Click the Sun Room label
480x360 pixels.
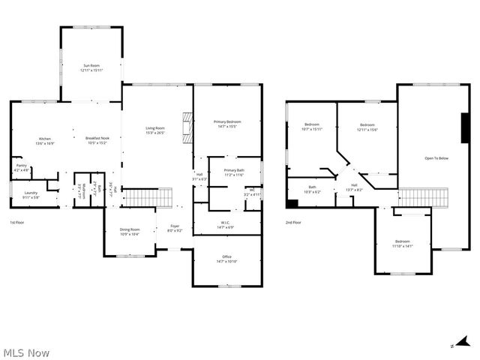coord(91,68)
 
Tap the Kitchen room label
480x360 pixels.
coord(45,140)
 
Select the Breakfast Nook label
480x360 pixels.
coord(97,140)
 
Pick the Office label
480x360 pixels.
coord(226,259)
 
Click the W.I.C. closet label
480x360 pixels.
coord(226,224)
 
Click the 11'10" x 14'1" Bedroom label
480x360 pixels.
coord(403,243)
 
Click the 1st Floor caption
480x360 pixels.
coord(17,223)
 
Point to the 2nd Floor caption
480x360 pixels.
coord(293,223)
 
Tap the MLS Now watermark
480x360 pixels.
coord(26,352)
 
